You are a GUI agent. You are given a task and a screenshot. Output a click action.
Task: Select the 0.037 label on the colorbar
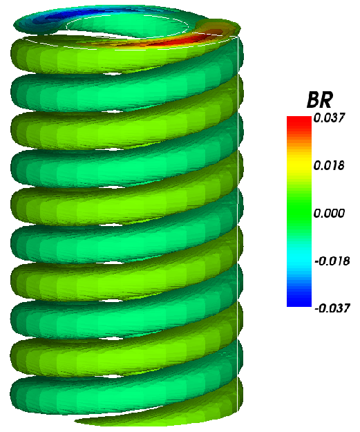[329, 118]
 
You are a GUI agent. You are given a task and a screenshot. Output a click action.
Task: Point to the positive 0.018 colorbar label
[329, 166]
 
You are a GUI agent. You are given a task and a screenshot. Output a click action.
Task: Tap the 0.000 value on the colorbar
[329, 214]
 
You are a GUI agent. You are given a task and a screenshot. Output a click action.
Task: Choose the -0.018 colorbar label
[331, 261]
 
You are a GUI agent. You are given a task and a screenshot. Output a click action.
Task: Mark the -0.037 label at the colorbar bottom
[331, 308]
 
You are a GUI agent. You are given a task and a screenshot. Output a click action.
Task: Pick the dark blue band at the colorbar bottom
[299, 301]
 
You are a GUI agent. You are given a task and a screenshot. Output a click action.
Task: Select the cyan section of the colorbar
[299, 256]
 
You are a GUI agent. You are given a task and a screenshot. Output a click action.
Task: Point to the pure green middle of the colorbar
[299, 212]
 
